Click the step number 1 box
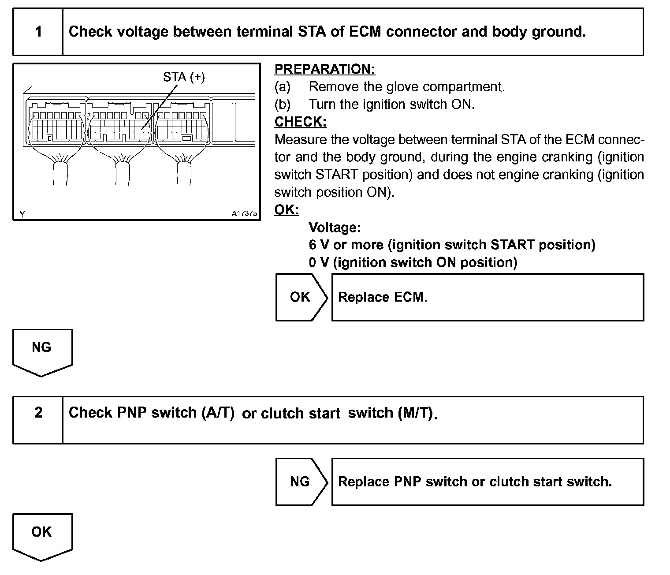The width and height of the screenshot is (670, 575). [x=38, y=32]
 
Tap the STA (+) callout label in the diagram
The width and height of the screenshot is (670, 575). [x=184, y=77]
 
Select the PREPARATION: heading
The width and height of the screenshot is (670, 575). [x=325, y=69]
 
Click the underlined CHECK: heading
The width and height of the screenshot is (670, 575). [x=300, y=122]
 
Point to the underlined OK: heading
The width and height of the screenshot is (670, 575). [x=287, y=210]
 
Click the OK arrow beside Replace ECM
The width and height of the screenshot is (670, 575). [x=301, y=297]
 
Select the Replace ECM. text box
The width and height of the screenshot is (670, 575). [x=487, y=297]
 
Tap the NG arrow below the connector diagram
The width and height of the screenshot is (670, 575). [x=42, y=351]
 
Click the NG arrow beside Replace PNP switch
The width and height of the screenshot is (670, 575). [x=301, y=482]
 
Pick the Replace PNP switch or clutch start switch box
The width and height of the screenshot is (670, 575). [x=487, y=482]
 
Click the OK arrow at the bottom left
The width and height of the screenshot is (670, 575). [x=42, y=535]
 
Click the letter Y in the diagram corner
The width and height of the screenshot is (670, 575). [x=22, y=214]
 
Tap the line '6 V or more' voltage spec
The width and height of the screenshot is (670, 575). [x=452, y=245]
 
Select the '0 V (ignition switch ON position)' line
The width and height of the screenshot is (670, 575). [x=413, y=262]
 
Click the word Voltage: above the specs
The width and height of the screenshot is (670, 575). [x=335, y=228]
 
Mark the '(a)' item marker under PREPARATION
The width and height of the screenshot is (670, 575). [x=283, y=87]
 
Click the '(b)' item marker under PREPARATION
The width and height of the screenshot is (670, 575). [x=283, y=105]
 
